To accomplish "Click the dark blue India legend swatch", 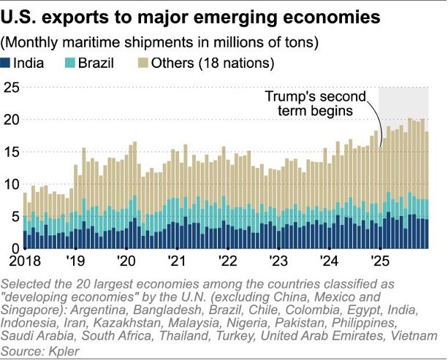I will pyautogui.click(x=7, y=63).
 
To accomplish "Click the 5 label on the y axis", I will pyautogui.click(x=8, y=216).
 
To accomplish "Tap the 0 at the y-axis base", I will pyautogui.click(x=8, y=248).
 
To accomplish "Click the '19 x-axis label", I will pyautogui.click(x=78, y=261).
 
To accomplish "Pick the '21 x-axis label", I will pyautogui.click(x=178, y=261).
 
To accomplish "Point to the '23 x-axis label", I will pyautogui.click(x=278, y=261).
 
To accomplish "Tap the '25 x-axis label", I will pyautogui.click(x=380, y=261).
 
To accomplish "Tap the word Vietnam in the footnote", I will pyautogui.click(x=414, y=337).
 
